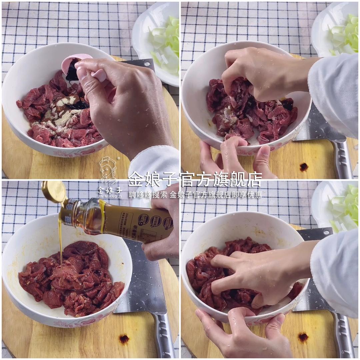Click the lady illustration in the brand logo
(x=108, y=170)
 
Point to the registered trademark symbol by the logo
(x=118, y=158)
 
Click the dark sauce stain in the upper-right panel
(x=304, y=167)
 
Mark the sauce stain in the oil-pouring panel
(x=124, y=339)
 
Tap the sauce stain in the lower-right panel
(x=303, y=337)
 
